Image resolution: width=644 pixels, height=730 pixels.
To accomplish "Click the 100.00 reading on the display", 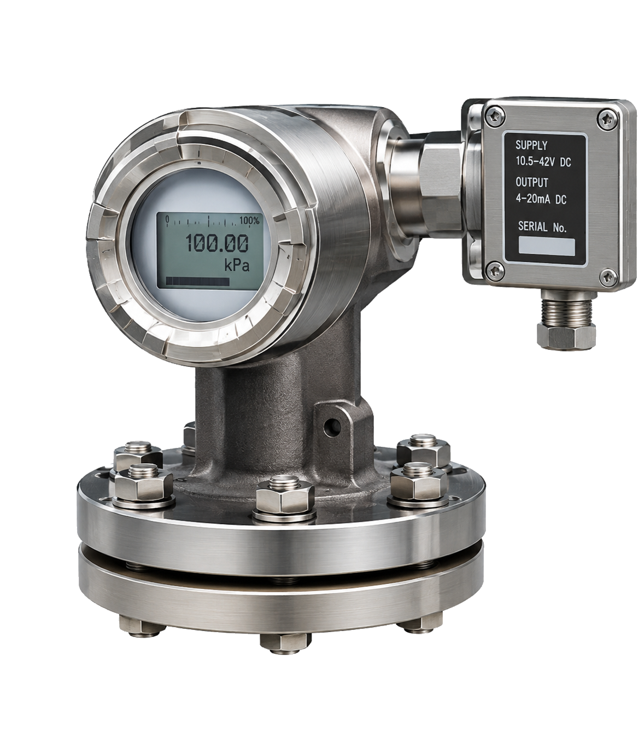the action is pyautogui.click(x=217, y=243).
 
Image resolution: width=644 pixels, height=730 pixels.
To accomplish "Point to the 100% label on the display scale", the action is pyautogui.click(x=249, y=220).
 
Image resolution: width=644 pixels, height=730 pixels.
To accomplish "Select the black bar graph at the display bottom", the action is pyautogui.click(x=197, y=282).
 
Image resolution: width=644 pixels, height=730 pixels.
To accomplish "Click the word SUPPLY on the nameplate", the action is pyautogui.click(x=531, y=145).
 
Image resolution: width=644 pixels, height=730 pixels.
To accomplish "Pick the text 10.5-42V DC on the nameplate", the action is pyautogui.click(x=543, y=162).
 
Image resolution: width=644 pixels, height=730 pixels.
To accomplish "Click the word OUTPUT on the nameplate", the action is pyautogui.click(x=532, y=182).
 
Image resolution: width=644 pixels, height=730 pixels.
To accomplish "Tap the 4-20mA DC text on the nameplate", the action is pyautogui.click(x=541, y=199).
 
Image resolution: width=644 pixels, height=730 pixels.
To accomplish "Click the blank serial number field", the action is pyautogui.click(x=546, y=247).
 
